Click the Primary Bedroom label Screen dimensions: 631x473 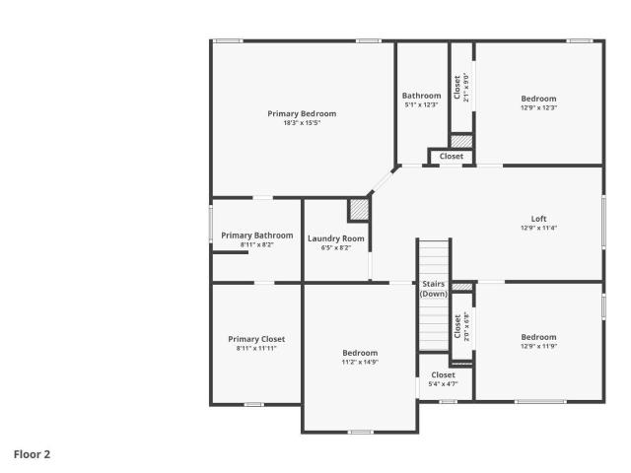click(302, 114)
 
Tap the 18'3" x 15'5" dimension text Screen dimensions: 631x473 click(302, 123)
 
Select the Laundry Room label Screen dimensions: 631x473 click(336, 238)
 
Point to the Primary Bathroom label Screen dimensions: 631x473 click(257, 236)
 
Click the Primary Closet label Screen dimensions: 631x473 click(256, 339)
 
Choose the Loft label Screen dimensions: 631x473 click(539, 219)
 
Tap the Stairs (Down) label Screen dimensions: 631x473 click(434, 289)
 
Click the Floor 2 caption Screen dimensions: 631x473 click(32, 454)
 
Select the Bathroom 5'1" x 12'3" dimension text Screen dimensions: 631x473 click(421, 105)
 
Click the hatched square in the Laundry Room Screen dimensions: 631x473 click(359, 210)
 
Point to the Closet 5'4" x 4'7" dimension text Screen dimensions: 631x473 click(443, 384)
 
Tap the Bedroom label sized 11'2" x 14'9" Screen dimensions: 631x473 click(360, 353)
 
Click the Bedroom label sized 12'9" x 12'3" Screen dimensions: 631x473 click(539, 99)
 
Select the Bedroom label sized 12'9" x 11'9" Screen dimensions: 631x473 click(539, 337)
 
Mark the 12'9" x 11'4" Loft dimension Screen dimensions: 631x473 click(539, 228)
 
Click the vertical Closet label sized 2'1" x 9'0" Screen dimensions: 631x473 click(456, 88)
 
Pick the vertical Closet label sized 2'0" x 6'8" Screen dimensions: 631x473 click(457, 326)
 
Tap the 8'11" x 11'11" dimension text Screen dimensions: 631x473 click(256, 348)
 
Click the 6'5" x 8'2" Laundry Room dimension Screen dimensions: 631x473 click(336, 248)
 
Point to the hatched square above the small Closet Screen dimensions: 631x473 click(461, 141)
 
